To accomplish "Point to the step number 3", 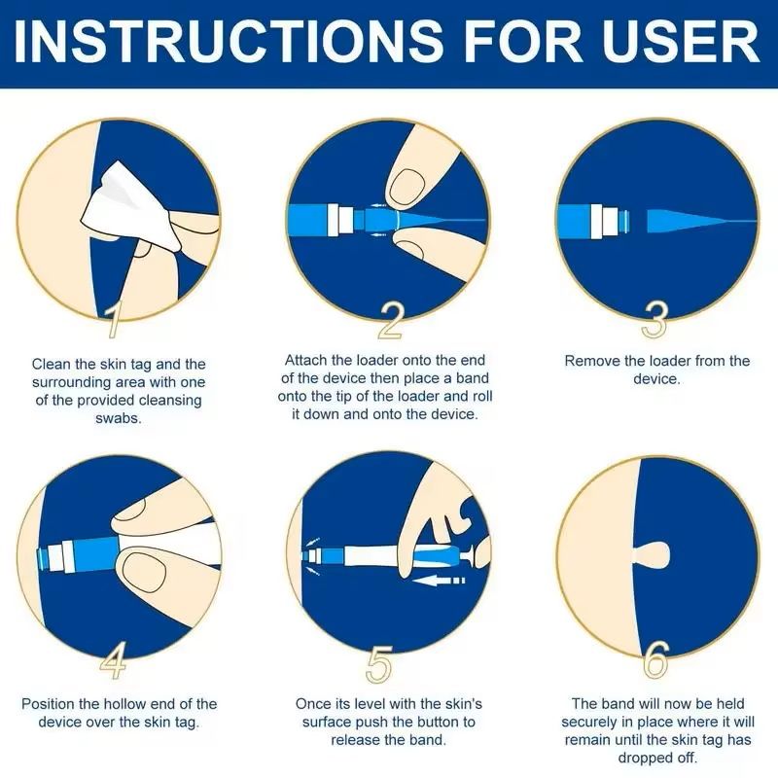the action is click(654, 320).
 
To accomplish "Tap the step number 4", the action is click(114, 660).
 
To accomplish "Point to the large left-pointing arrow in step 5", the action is click(441, 580).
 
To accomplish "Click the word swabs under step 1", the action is click(119, 418).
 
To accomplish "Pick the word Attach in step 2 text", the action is click(305, 360).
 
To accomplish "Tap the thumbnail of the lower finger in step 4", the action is click(144, 573).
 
